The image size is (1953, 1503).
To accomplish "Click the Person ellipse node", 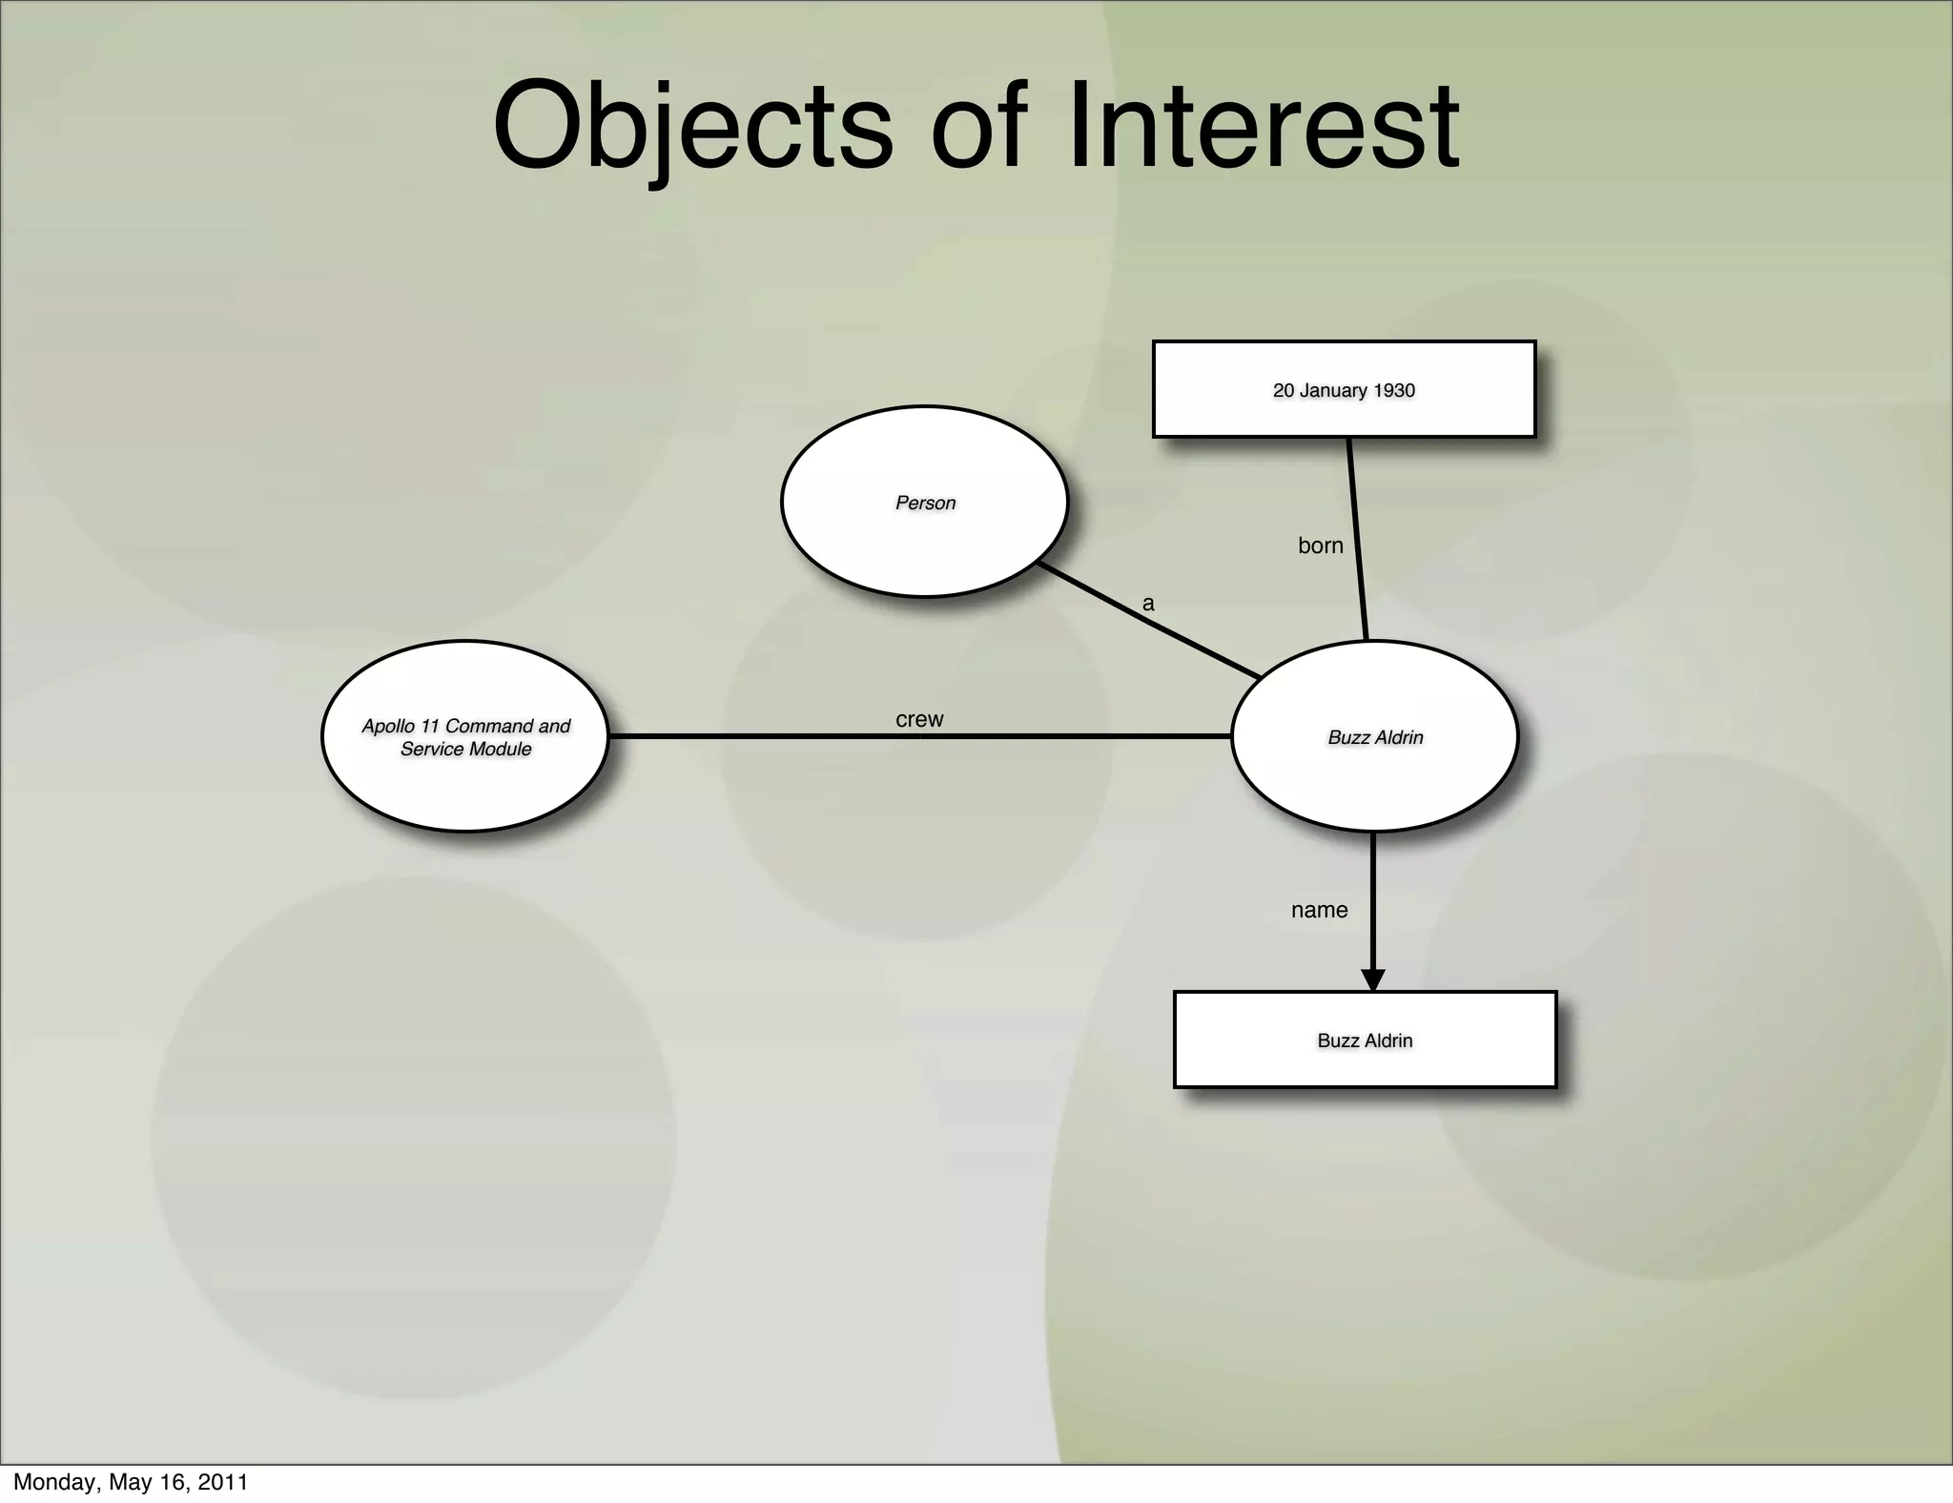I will tap(924, 502).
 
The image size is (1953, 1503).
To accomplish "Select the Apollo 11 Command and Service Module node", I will tap(465, 736).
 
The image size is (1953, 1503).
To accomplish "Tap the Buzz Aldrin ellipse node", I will tap(1374, 736).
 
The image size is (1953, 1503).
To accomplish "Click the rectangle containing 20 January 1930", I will tap(1344, 389).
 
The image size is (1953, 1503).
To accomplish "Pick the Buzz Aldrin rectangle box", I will tap(1365, 1040).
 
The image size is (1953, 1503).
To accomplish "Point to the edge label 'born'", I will tap(1320, 546).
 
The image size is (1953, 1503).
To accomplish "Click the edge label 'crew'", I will tap(919, 719).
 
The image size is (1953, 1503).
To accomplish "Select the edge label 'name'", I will tap(1319, 910).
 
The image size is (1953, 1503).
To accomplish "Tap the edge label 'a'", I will tap(1148, 604).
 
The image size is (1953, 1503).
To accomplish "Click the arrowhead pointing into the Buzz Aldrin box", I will tap(1372, 979).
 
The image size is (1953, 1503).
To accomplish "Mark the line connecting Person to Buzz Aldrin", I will tap(1149, 621).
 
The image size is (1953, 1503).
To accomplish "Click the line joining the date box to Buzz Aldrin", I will tap(1358, 539).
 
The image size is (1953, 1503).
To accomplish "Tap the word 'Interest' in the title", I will tap(1264, 127).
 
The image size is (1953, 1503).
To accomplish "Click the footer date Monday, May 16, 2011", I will tap(131, 1482).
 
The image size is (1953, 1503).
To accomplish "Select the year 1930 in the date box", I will tap(1393, 390).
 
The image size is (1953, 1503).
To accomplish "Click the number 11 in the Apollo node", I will tap(430, 726).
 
